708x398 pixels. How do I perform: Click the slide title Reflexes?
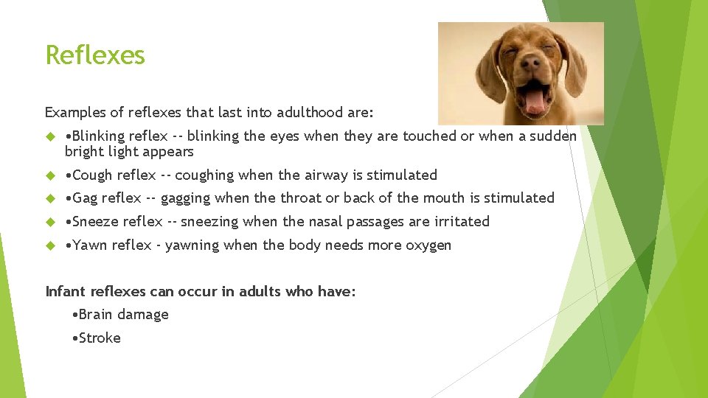tap(95, 55)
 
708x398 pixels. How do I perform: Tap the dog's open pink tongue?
tap(535, 101)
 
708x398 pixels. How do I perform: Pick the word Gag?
tap(85, 198)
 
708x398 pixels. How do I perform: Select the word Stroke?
tap(100, 338)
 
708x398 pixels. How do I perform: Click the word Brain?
tap(96, 315)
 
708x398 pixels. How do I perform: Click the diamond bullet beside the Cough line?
tap(51, 175)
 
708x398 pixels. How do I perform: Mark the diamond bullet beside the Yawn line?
tap(51, 245)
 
